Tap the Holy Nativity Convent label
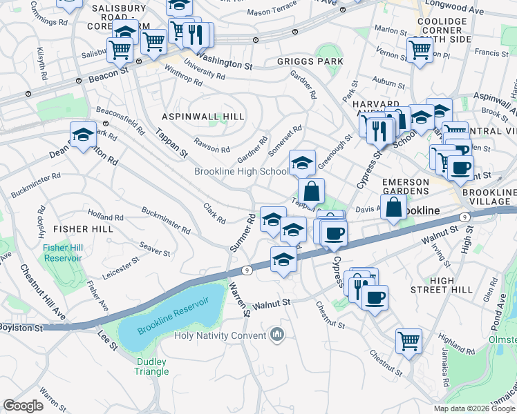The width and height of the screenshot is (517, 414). (220, 336)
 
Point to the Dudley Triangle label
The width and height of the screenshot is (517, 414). (152, 366)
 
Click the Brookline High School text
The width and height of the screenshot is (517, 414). (241, 172)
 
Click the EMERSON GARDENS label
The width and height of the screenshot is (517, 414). (405, 186)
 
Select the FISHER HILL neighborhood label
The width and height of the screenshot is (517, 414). (83, 228)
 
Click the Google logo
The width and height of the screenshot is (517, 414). (23, 406)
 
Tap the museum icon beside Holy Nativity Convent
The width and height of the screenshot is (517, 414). (278, 335)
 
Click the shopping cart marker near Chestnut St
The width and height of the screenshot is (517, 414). (408, 340)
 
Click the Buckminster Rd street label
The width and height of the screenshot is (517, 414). (165, 219)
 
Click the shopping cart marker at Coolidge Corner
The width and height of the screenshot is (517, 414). (420, 50)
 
